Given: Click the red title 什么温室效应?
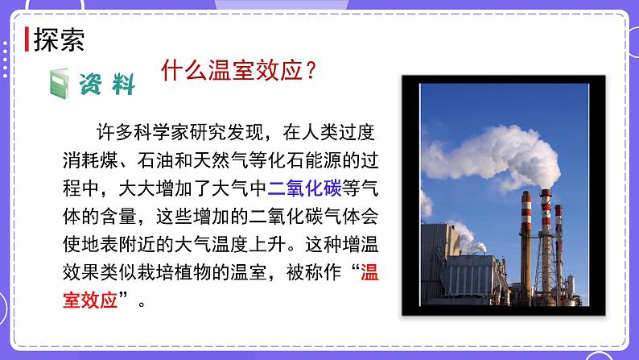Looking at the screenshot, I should [238, 70].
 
